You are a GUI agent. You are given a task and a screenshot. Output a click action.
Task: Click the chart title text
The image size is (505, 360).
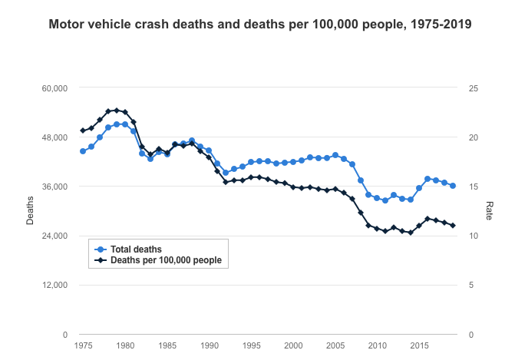point(260,24)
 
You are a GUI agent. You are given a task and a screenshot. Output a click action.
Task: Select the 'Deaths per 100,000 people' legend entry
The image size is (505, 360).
point(166,260)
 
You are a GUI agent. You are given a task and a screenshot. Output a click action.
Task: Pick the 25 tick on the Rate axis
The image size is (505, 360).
point(474,88)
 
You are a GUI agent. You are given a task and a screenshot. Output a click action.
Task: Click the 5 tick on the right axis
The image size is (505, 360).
point(471,286)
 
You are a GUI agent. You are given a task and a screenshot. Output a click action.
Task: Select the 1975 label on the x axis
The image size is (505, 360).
point(83,347)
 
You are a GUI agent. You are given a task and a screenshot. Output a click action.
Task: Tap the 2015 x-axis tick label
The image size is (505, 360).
point(419,347)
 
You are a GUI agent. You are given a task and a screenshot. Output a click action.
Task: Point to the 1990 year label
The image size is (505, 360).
point(209,347)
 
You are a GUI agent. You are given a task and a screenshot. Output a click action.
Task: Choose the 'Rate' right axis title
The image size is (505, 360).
point(489,211)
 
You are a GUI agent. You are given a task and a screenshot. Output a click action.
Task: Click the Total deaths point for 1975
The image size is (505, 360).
point(83,151)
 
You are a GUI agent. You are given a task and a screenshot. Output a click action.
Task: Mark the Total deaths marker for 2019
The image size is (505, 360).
point(453,186)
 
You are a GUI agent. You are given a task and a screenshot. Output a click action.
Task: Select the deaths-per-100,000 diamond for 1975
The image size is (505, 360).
point(83,130)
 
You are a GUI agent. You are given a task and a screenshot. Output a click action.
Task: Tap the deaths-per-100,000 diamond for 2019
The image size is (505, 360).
point(453,226)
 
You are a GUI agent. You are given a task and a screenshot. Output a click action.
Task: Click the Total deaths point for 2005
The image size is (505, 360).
point(335,155)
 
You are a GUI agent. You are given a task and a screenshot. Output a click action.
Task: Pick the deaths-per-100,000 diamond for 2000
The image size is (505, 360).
point(293,187)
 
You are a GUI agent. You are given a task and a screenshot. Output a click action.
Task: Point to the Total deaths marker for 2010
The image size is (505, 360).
point(377,198)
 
